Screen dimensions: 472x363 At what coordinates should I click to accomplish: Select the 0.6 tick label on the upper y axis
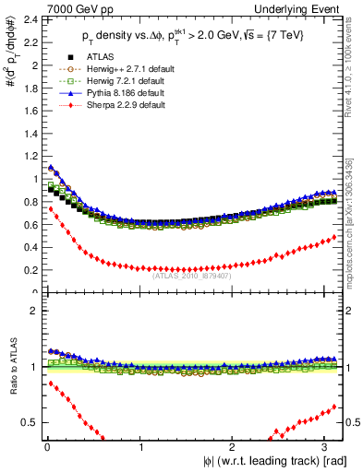tap(27, 225)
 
